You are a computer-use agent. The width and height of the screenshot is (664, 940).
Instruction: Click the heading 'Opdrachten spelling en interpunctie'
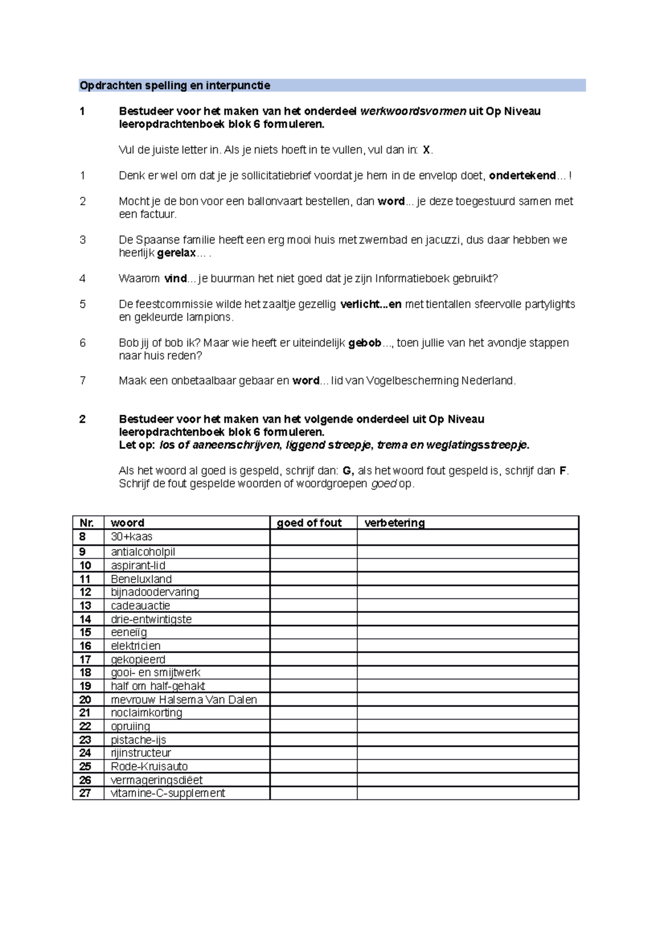175,85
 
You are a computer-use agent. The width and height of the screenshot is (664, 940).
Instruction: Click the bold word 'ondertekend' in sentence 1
522,175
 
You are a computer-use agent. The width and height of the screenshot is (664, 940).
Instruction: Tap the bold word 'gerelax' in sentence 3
177,253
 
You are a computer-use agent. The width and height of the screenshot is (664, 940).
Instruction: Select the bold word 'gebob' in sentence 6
365,343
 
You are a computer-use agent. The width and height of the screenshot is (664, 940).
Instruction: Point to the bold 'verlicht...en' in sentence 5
370,304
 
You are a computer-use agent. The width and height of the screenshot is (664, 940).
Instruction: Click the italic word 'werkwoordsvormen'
413,111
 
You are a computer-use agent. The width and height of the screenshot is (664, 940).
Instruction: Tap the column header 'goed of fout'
309,523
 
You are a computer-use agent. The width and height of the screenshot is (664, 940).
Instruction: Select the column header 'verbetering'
394,523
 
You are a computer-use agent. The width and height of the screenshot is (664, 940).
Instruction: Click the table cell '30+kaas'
132,536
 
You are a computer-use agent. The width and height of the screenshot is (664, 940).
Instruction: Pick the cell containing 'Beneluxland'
141,579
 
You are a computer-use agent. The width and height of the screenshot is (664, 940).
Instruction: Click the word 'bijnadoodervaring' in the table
155,592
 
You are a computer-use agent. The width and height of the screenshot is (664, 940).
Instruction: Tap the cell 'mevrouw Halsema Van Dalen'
184,700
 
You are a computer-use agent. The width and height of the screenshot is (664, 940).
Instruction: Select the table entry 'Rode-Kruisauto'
149,766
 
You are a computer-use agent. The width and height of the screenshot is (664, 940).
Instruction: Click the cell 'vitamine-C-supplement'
168,793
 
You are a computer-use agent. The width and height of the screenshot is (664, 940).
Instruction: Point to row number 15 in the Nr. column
85,632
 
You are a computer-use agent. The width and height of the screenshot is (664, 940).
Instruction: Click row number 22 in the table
85,726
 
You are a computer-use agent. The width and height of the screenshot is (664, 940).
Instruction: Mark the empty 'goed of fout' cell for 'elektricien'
313,645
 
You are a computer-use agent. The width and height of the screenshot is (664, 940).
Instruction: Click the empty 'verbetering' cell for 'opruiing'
468,726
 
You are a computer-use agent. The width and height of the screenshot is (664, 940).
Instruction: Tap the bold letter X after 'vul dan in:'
426,150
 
